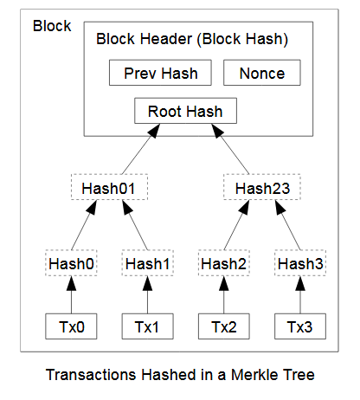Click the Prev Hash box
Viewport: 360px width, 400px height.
tap(160, 73)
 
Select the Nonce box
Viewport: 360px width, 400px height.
tap(262, 73)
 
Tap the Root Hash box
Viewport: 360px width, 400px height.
tap(185, 111)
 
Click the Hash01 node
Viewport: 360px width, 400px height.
tap(109, 187)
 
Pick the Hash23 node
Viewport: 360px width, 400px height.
tap(262, 187)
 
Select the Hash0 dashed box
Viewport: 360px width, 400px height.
tap(71, 263)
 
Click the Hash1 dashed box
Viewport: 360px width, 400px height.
tap(147, 263)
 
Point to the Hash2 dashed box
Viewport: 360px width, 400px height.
tap(224, 263)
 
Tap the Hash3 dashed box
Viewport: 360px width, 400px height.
tap(300, 263)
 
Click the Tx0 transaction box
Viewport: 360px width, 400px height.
tap(71, 326)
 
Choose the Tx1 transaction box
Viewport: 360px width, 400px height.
tap(147, 326)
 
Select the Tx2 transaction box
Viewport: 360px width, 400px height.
tap(224, 326)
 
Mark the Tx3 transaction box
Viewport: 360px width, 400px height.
tap(300, 326)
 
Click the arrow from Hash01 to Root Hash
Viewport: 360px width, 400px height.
tap(141, 149)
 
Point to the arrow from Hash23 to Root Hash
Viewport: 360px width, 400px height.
tap(230, 149)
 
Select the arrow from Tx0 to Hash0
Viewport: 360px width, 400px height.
tap(71, 294)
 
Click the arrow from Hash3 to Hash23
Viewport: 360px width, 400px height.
tap(288, 225)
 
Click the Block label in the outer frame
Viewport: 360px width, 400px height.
tap(52, 26)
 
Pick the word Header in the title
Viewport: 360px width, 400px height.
tap(166, 39)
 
